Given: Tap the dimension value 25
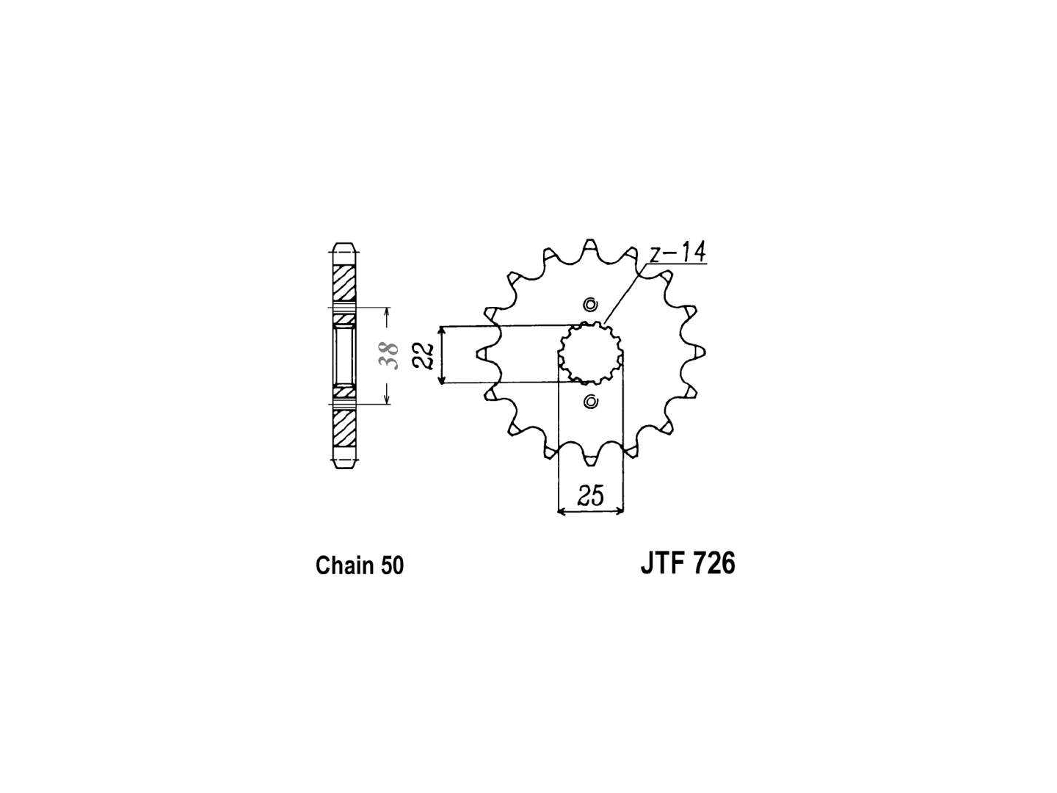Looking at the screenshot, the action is tap(590, 496).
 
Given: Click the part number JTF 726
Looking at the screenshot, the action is tap(688, 564).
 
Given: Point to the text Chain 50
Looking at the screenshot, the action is tap(359, 565).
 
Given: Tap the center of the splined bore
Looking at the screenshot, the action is tap(590, 353).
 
